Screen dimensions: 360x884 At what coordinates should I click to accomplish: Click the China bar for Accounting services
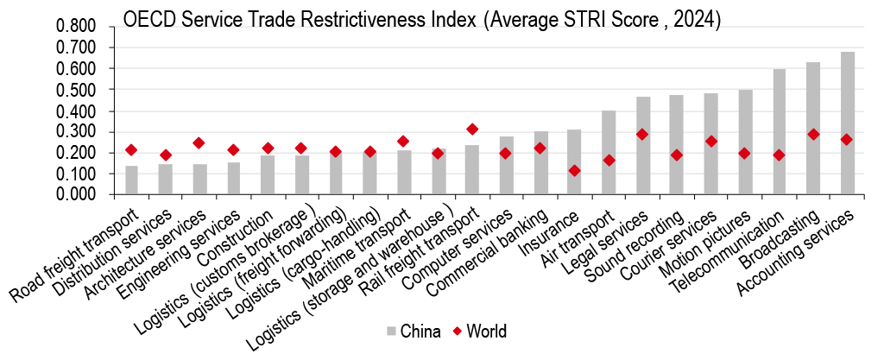pos(848,123)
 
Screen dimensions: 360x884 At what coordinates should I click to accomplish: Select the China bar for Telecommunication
pos(780,132)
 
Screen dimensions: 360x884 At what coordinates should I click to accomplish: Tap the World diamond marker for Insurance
pos(575,171)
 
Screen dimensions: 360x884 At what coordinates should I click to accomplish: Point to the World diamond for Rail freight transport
pos(472,129)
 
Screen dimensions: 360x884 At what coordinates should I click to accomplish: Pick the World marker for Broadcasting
pos(814,135)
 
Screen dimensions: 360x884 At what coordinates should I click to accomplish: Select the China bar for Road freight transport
pos(131,180)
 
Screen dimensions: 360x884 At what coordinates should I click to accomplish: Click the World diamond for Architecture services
pos(199,143)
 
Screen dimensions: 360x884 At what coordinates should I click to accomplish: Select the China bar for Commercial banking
pos(540,163)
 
